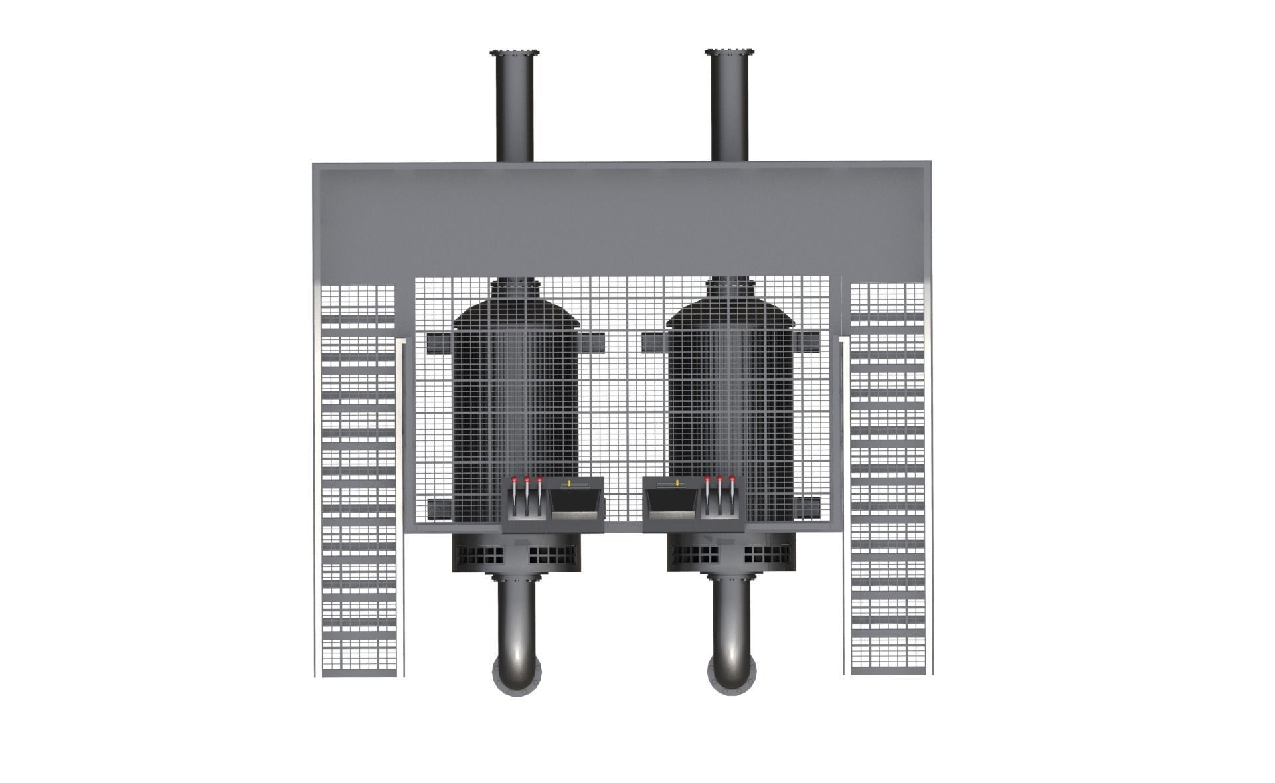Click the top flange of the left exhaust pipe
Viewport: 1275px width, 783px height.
pos(514,53)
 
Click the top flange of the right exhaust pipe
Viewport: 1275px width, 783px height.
pos(730,53)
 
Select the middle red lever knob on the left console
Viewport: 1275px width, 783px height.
pos(527,479)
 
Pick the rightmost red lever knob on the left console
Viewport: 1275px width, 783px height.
pos(539,478)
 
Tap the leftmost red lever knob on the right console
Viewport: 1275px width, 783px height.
pos(707,478)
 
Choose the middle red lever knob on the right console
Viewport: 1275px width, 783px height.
pos(720,479)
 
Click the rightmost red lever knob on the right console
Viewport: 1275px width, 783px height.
pos(732,478)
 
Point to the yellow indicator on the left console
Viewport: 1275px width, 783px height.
pos(574,483)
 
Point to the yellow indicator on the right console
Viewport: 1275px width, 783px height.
pos(677,483)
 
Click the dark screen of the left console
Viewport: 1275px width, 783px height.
pos(575,508)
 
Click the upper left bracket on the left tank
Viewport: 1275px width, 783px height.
pos(438,343)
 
